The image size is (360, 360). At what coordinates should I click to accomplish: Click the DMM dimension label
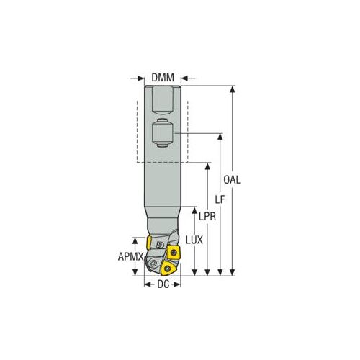click(x=163, y=78)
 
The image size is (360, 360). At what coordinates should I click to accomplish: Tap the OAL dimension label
click(x=232, y=180)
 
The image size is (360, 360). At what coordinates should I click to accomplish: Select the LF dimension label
click(x=220, y=199)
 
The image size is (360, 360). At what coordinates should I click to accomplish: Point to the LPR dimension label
click(x=207, y=217)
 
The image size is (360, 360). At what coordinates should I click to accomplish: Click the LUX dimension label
click(x=194, y=240)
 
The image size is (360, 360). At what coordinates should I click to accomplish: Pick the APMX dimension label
click(x=131, y=257)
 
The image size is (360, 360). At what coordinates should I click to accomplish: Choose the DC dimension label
click(x=163, y=284)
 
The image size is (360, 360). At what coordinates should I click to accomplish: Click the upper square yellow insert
click(x=173, y=253)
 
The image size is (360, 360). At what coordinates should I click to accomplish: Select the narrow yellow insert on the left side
click(x=149, y=243)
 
